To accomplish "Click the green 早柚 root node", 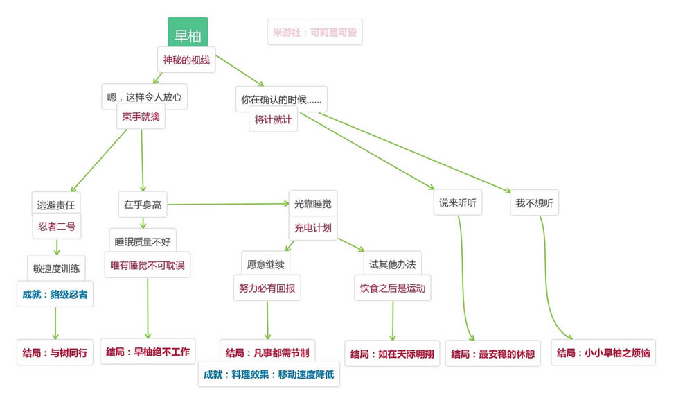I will coord(188,34).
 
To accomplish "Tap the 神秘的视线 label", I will coord(186,60).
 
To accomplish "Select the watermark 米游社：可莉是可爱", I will coord(314,32).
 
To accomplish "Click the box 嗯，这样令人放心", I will coord(144,97).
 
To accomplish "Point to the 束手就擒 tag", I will coord(141,117).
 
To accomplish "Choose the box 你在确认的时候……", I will coord(281,99).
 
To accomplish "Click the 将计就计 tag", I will coord(273,119).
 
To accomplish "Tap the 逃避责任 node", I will coord(57,205).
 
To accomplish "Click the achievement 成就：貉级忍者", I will coord(55,294).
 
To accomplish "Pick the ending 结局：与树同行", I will coord(55,352).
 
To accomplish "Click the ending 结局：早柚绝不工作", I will coord(148,352).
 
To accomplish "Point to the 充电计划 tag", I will coord(313,227).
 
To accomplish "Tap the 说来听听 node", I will coord(458,203).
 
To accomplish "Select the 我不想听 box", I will coord(534,203).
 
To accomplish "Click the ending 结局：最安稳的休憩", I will coord(492,353).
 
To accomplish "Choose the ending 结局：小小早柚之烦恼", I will coord(603,353).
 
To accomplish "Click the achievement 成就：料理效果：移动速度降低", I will coord(269,374).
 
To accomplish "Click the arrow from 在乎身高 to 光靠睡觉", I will coord(229,205).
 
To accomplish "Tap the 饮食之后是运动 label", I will coord(392,288).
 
